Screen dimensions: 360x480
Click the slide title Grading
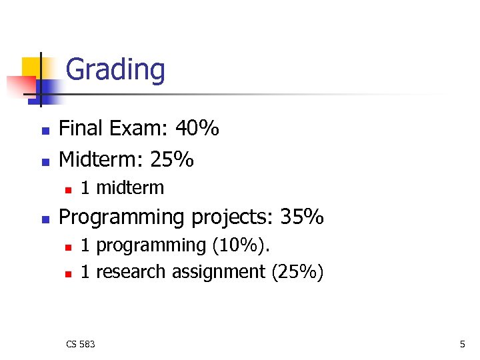coord(115,69)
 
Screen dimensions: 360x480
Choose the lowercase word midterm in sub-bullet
coord(130,188)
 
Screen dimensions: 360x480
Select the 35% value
coord(302,217)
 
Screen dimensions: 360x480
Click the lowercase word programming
coord(151,246)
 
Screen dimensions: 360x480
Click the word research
coord(131,272)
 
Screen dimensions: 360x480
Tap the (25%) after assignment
coord(297,272)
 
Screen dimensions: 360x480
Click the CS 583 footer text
coord(81,344)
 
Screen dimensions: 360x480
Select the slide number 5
coord(462,344)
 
